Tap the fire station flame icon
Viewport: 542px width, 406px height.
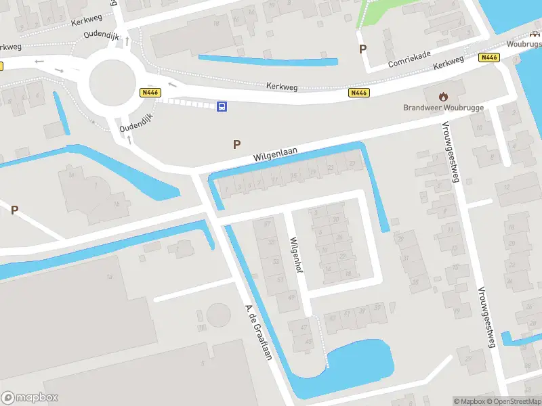(x=444, y=96)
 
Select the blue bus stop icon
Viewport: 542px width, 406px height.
(x=222, y=106)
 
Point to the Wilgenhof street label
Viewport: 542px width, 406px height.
(x=294, y=254)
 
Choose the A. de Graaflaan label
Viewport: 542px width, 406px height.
(x=258, y=332)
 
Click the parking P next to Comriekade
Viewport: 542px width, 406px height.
(x=362, y=49)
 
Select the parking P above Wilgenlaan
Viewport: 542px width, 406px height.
(x=236, y=143)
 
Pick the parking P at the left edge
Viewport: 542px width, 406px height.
(x=14, y=210)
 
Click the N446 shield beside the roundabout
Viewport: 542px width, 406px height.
(x=150, y=92)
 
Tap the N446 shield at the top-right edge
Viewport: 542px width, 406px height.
(x=488, y=58)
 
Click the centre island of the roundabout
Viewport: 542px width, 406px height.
(x=114, y=83)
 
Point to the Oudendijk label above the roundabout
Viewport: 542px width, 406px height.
(x=102, y=34)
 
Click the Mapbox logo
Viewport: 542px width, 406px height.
(x=30, y=398)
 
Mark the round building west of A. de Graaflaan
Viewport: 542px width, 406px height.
(x=219, y=315)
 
